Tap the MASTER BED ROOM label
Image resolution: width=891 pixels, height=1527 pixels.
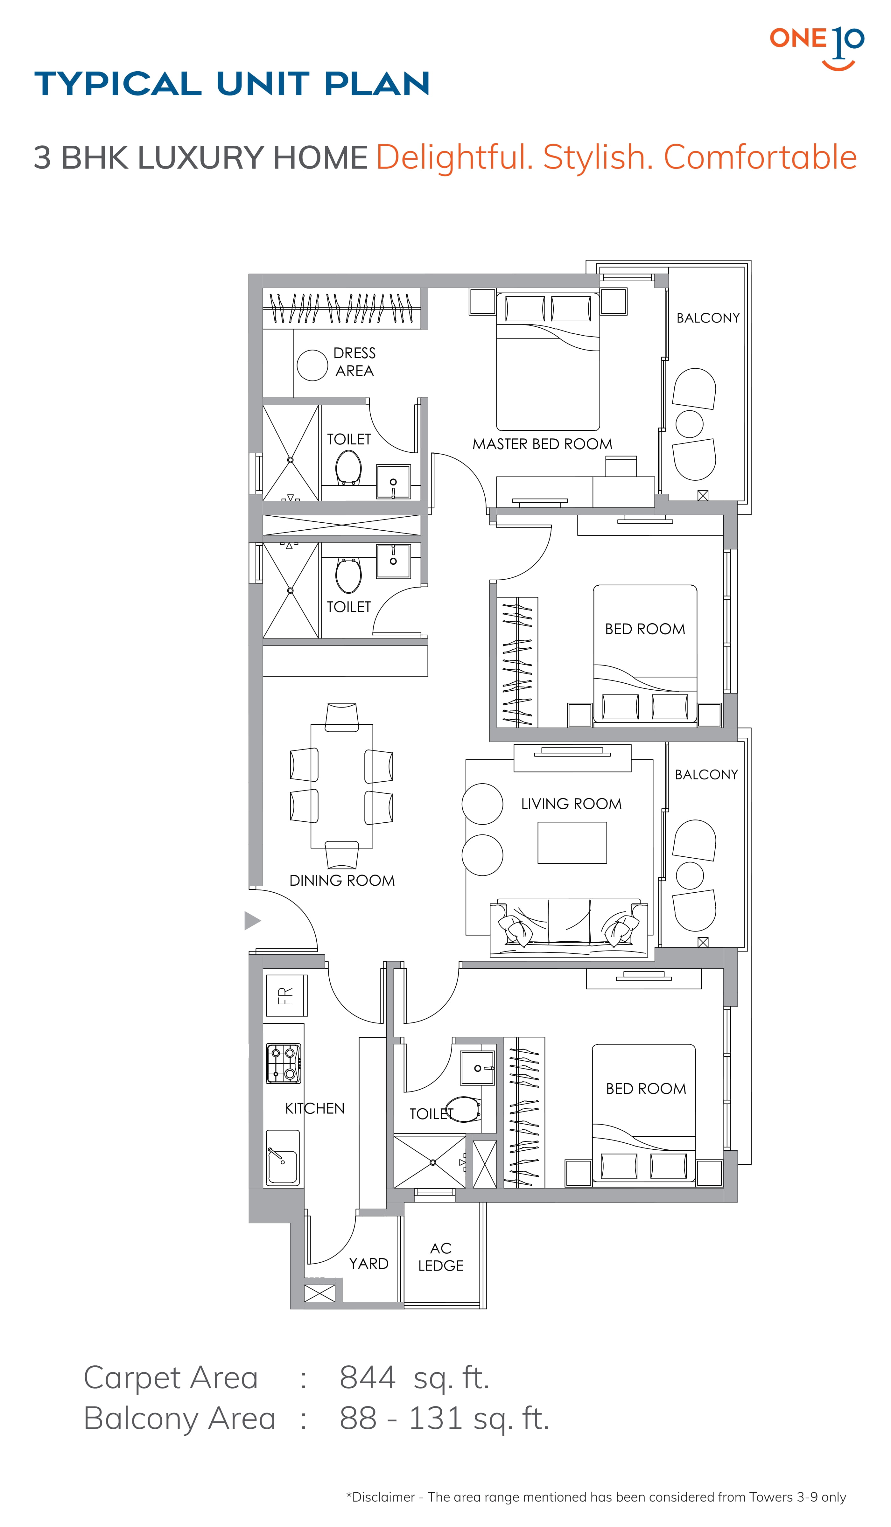click(x=542, y=444)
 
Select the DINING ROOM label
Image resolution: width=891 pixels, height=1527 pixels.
click(x=342, y=881)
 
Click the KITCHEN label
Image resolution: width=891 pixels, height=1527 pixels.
click(x=315, y=1108)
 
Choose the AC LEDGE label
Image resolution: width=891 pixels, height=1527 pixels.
click(x=441, y=1257)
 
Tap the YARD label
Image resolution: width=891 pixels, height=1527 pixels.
click(x=368, y=1263)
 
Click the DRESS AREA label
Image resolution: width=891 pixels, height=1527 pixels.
click(x=354, y=362)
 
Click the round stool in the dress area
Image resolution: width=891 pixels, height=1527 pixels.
click(x=312, y=366)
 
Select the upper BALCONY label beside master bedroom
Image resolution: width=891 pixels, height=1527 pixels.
click(x=708, y=318)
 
